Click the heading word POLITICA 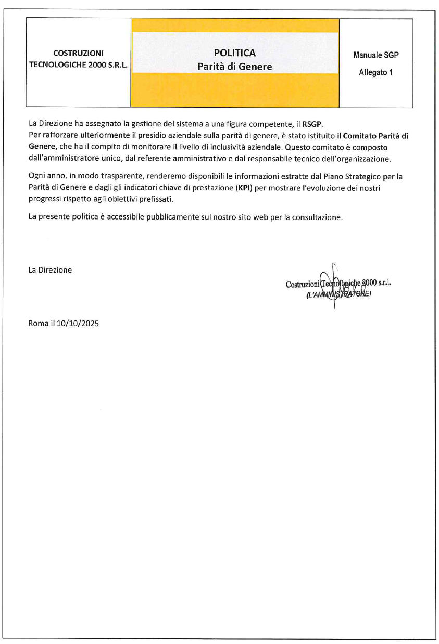pyautogui.click(x=234, y=53)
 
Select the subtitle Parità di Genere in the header pyautogui.click(x=234, y=67)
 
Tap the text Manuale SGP pyautogui.click(x=375, y=55)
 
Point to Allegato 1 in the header pyautogui.click(x=375, y=72)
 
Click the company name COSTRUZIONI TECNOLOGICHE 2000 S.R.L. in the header pyautogui.click(x=79, y=60)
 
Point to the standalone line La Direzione pyautogui.click(x=50, y=270)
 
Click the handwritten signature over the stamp pyautogui.click(x=333, y=285)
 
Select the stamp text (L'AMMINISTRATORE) pyautogui.click(x=338, y=295)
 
